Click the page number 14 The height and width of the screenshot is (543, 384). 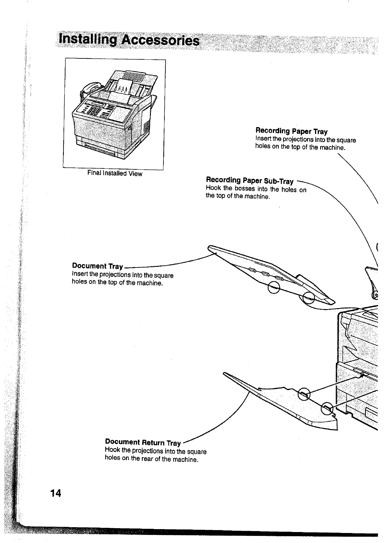55,493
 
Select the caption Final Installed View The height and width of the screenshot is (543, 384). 114,173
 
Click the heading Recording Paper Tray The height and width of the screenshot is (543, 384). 291,131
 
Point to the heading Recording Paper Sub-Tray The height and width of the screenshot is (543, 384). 250,180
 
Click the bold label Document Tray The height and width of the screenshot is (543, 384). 97,266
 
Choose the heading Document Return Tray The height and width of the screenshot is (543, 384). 143,442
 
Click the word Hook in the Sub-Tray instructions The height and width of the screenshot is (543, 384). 212,188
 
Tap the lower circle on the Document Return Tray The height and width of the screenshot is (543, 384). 327,408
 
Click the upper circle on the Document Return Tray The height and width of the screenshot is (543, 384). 304,394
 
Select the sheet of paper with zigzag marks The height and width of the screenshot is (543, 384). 125,87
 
